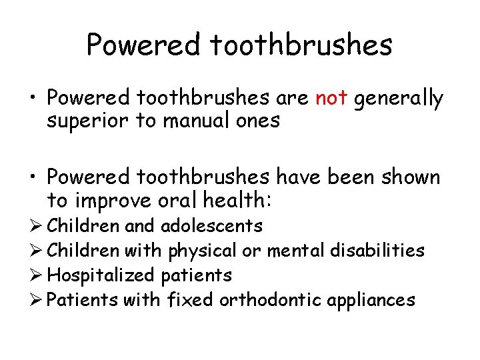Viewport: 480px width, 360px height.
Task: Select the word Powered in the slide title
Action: pos(143,45)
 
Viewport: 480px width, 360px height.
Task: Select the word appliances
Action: pos(371,301)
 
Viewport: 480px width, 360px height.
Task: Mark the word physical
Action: pos(202,251)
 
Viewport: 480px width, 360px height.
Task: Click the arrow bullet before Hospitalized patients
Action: pos(37,275)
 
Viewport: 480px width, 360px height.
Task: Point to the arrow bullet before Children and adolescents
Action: pos(37,226)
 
